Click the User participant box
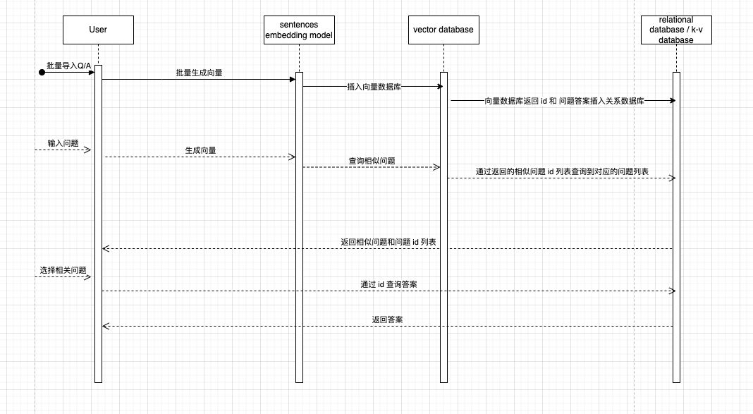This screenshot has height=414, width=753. click(98, 30)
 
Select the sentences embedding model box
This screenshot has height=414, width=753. click(299, 30)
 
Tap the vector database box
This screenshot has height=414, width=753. click(443, 30)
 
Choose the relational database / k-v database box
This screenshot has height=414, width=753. click(675, 30)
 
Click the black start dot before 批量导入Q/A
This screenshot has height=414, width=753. click(42, 72)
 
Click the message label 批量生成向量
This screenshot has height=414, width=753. click(200, 73)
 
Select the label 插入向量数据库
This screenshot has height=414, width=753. click(374, 87)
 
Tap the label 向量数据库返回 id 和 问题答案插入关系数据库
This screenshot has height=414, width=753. click(564, 101)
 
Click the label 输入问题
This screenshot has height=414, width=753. click(63, 143)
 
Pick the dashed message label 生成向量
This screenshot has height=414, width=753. click(200, 150)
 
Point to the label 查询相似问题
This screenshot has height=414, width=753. click(372, 161)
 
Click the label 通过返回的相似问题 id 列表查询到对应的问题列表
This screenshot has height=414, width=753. click(562, 171)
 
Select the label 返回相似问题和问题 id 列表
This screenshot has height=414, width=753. click(388, 242)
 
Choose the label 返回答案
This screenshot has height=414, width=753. click(387, 319)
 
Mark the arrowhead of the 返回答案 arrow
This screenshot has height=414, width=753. click(106, 326)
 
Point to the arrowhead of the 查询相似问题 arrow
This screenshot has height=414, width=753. click(436, 167)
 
